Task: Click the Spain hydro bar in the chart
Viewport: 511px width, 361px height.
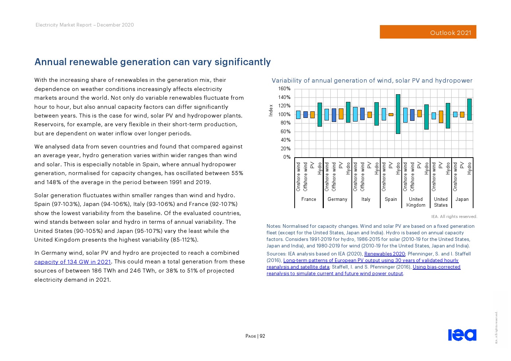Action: click(x=398, y=114)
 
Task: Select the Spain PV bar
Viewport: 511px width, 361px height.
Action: click(x=391, y=115)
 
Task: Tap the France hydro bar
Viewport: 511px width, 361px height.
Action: click(x=319, y=114)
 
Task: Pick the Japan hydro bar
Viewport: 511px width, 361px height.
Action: click(x=469, y=109)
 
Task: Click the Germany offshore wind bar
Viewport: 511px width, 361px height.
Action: click(x=334, y=115)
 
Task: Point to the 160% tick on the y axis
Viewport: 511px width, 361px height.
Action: click(x=284, y=89)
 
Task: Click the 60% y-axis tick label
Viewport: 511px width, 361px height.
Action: click(x=286, y=131)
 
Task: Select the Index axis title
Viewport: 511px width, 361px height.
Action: click(x=271, y=110)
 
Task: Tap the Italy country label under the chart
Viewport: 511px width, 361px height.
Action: click(x=366, y=199)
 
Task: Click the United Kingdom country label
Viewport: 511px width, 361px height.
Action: click(x=416, y=202)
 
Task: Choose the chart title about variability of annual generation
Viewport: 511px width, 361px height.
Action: click(x=372, y=80)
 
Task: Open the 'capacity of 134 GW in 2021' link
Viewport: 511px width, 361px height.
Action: click(x=72, y=262)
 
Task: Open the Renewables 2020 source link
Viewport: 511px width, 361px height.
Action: click(x=384, y=254)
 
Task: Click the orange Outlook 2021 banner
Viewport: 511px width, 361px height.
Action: click(x=428, y=32)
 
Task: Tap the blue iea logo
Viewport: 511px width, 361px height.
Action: click(x=462, y=335)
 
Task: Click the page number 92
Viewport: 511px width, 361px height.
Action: click(x=262, y=336)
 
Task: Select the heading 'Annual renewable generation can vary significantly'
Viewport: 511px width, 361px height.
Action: click(x=153, y=62)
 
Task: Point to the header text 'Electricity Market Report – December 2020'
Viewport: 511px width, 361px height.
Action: click(x=84, y=25)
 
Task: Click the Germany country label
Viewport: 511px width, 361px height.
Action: click(x=337, y=199)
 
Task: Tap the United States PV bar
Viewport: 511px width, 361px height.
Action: click(x=441, y=117)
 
